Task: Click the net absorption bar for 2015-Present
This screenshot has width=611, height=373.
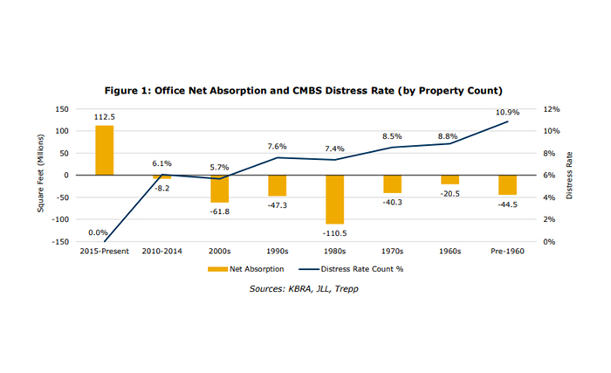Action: (105, 150)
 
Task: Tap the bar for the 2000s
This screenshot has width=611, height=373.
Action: (219, 189)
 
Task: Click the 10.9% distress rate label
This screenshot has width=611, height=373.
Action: (509, 112)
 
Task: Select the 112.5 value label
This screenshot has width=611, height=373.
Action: (105, 117)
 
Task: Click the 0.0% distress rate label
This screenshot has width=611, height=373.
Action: (99, 232)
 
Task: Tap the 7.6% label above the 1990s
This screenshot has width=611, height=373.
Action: (277, 146)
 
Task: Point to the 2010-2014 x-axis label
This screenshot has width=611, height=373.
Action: (162, 252)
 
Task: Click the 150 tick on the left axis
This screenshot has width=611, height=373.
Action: (63, 109)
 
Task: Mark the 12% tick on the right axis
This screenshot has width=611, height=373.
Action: (553, 109)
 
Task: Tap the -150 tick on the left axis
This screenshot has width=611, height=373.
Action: (61, 241)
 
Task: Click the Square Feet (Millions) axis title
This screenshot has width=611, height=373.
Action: (39, 175)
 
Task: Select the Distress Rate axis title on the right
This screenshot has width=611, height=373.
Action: (569, 175)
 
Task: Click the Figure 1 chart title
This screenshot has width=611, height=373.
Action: (305, 91)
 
